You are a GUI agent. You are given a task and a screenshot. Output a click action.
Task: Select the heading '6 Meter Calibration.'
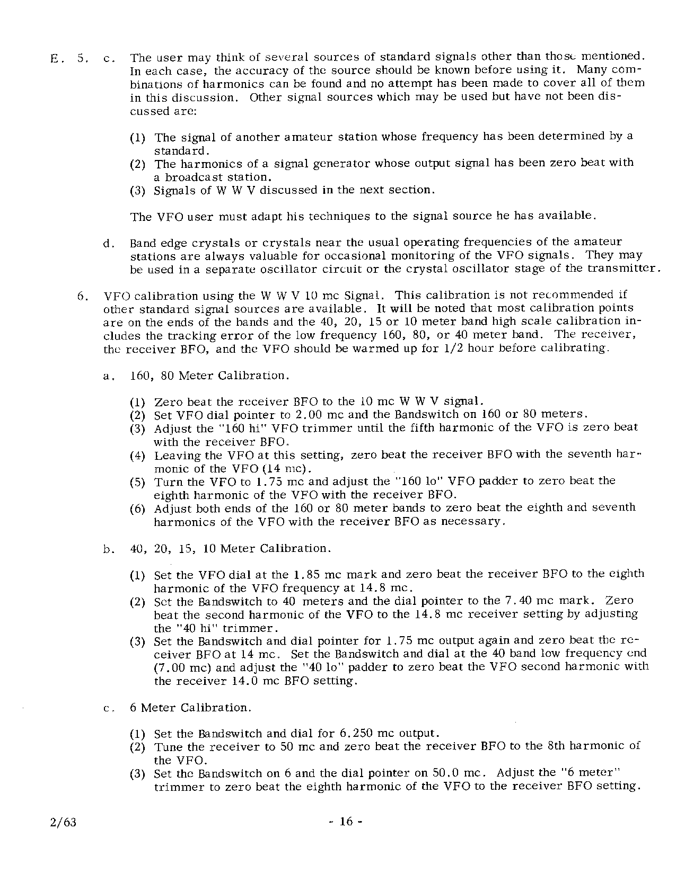coord(190,708)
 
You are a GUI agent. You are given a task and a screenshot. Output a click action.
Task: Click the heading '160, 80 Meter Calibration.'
coord(209,376)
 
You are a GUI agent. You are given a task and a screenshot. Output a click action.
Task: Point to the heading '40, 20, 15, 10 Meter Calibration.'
coord(231,548)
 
